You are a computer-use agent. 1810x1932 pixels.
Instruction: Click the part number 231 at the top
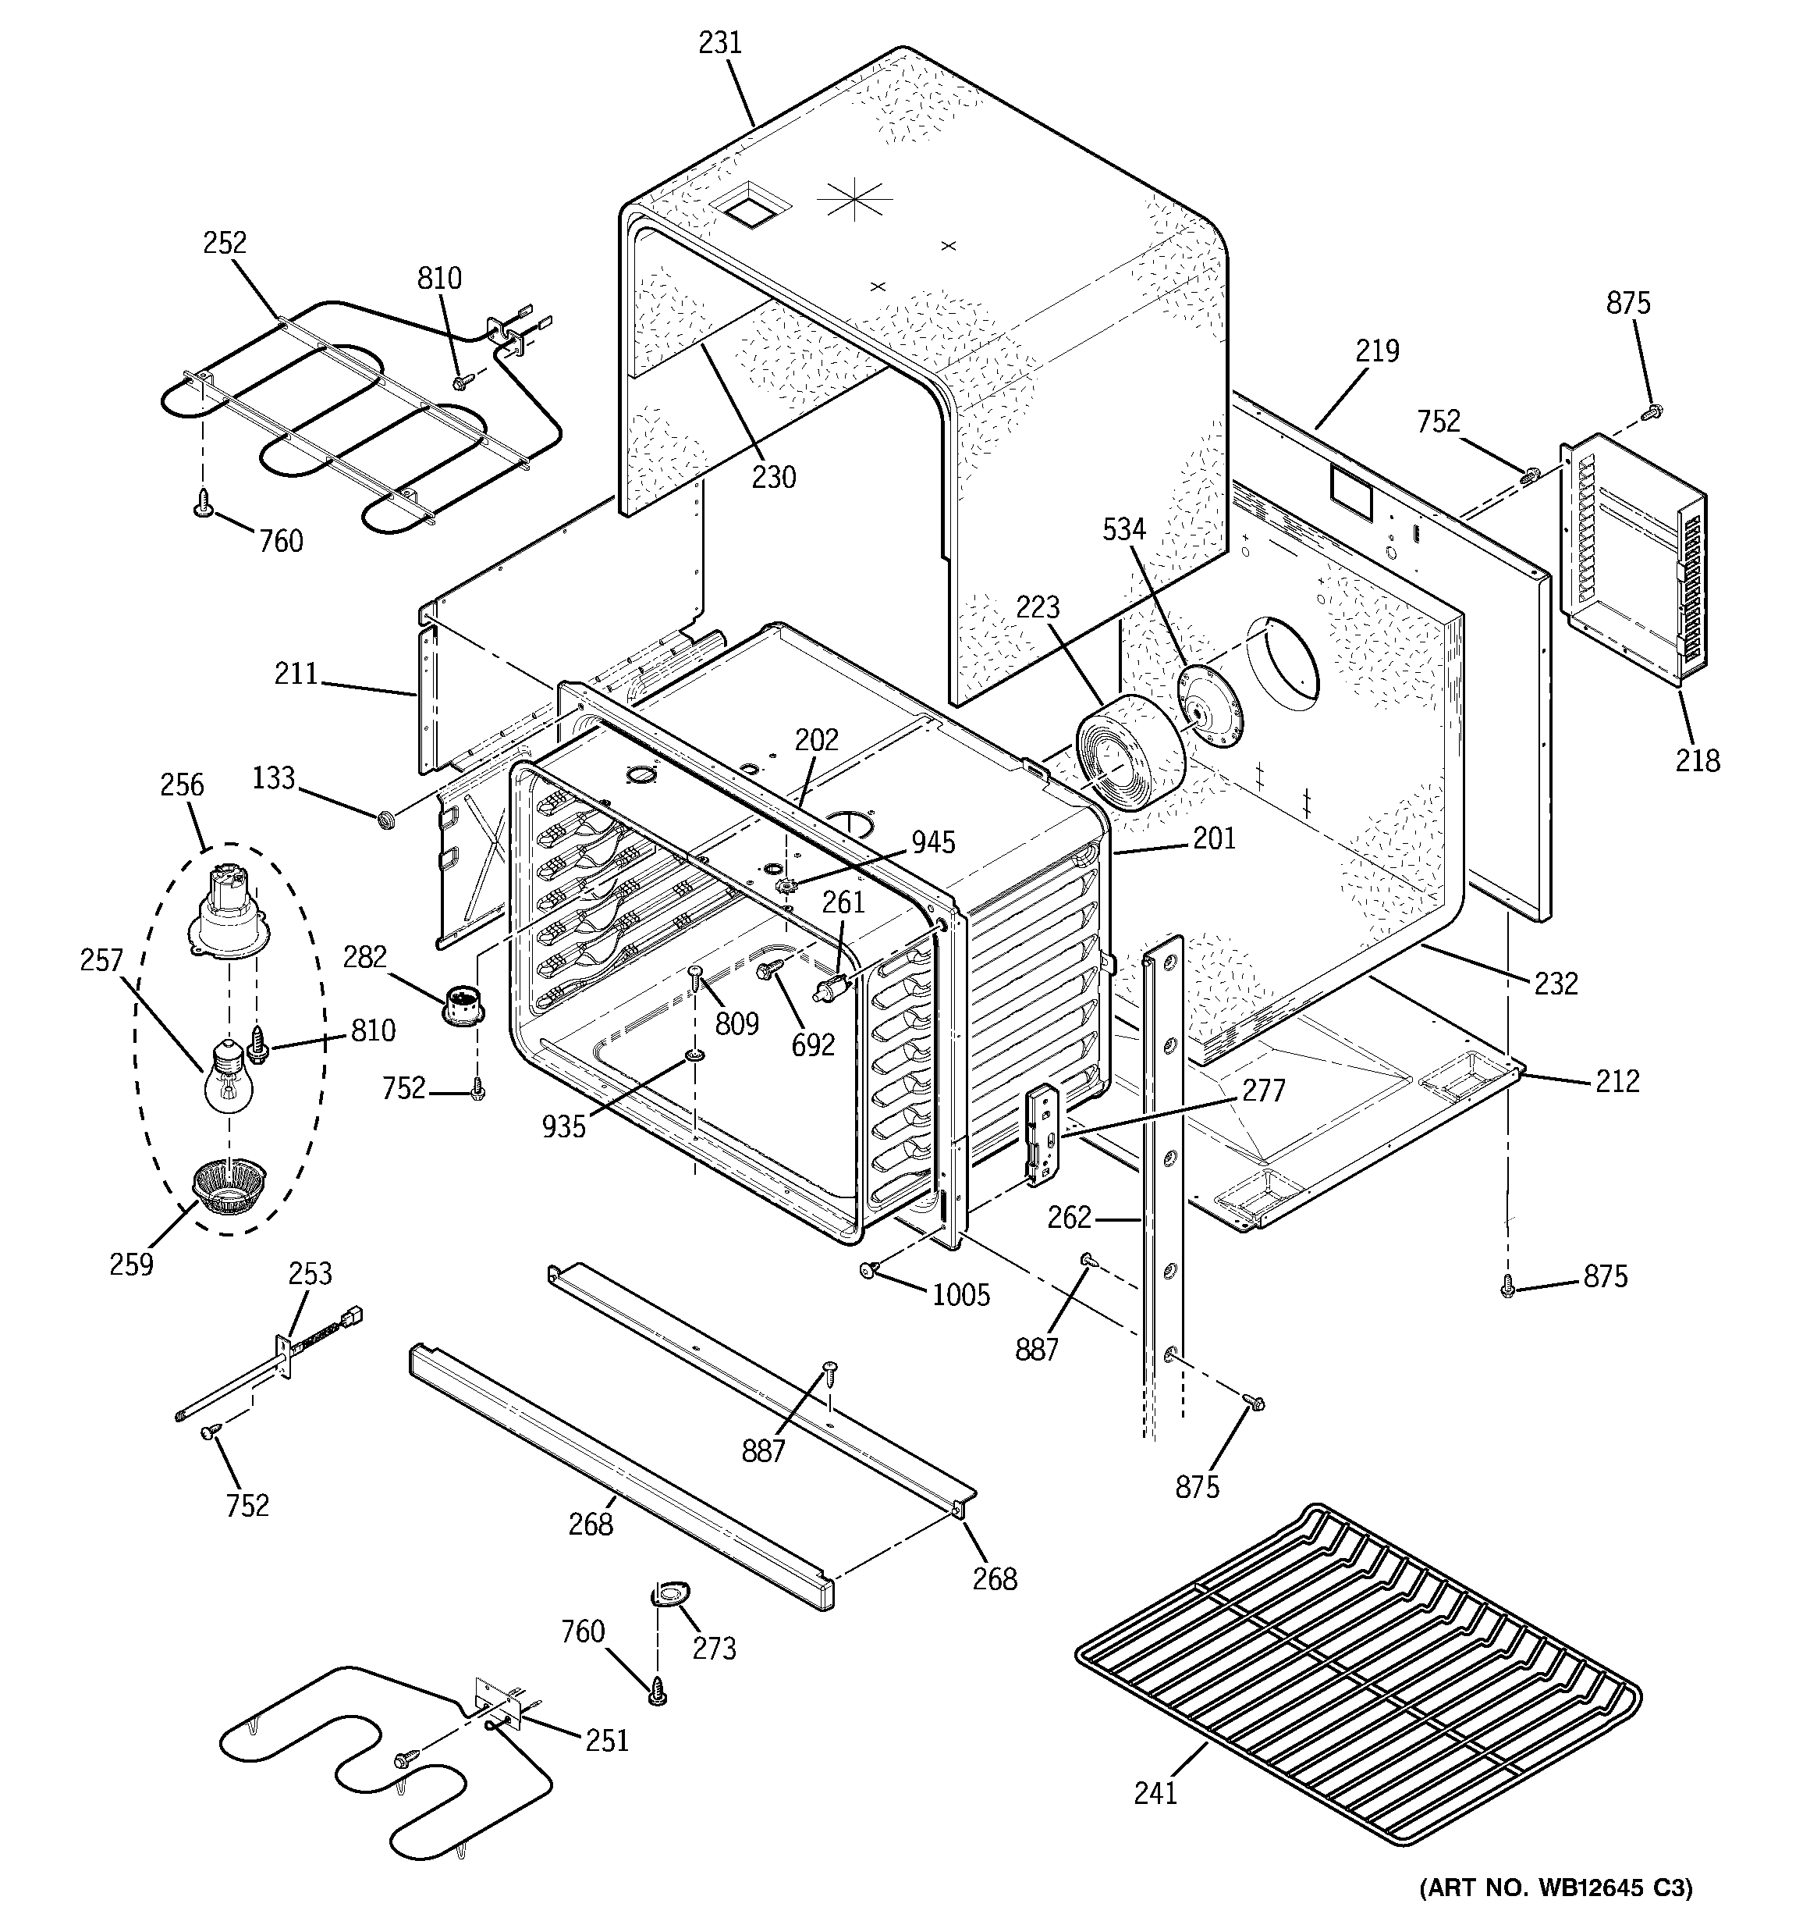click(720, 43)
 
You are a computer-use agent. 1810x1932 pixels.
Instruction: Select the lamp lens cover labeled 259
click(229, 1187)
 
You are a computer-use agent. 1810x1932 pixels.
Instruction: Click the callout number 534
click(1124, 530)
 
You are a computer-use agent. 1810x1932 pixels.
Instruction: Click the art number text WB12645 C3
click(1554, 1888)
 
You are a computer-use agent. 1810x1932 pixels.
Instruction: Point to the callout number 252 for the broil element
click(225, 243)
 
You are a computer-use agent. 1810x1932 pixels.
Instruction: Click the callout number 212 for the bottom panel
click(1617, 1080)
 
